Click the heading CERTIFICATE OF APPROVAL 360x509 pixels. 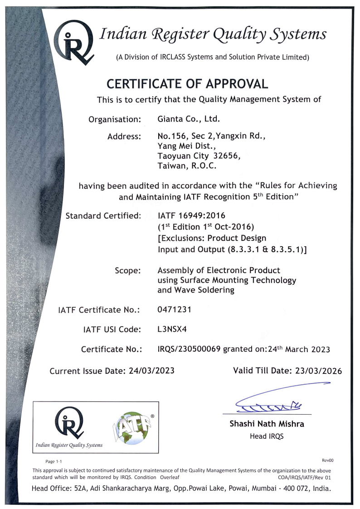click(187, 84)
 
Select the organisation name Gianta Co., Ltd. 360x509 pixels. click(189, 120)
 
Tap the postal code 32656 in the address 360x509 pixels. click(224, 156)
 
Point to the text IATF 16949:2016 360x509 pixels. click(191, 215)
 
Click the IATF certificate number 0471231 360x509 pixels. click(174, 310)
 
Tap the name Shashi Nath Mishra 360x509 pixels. click(267, 425)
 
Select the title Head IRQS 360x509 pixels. click(267, 436)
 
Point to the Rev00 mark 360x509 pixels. click(328, 460)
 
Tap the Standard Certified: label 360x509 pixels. click(103, 215)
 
